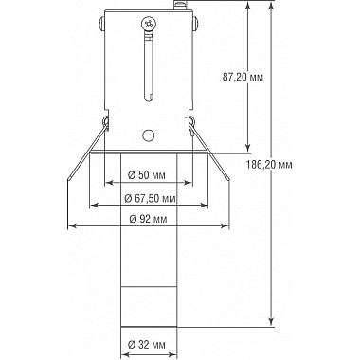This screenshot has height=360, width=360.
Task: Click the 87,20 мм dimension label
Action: click(x=243, y=77)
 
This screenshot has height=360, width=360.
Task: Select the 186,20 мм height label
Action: click(x=269, y=164)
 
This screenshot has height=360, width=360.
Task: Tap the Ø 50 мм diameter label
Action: click(x=147, y=175)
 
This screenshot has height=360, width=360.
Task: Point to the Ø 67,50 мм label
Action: click(x=151, y=198)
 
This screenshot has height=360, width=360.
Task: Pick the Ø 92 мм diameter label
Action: click(x=148, y=219)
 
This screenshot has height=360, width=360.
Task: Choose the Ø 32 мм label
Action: click(x=147, y=344)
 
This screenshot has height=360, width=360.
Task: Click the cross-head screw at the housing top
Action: click(x=149, y=24)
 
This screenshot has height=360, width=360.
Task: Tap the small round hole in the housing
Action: click(x=148, y=135)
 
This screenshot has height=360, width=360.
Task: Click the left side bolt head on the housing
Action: click(x=101, y=24)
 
